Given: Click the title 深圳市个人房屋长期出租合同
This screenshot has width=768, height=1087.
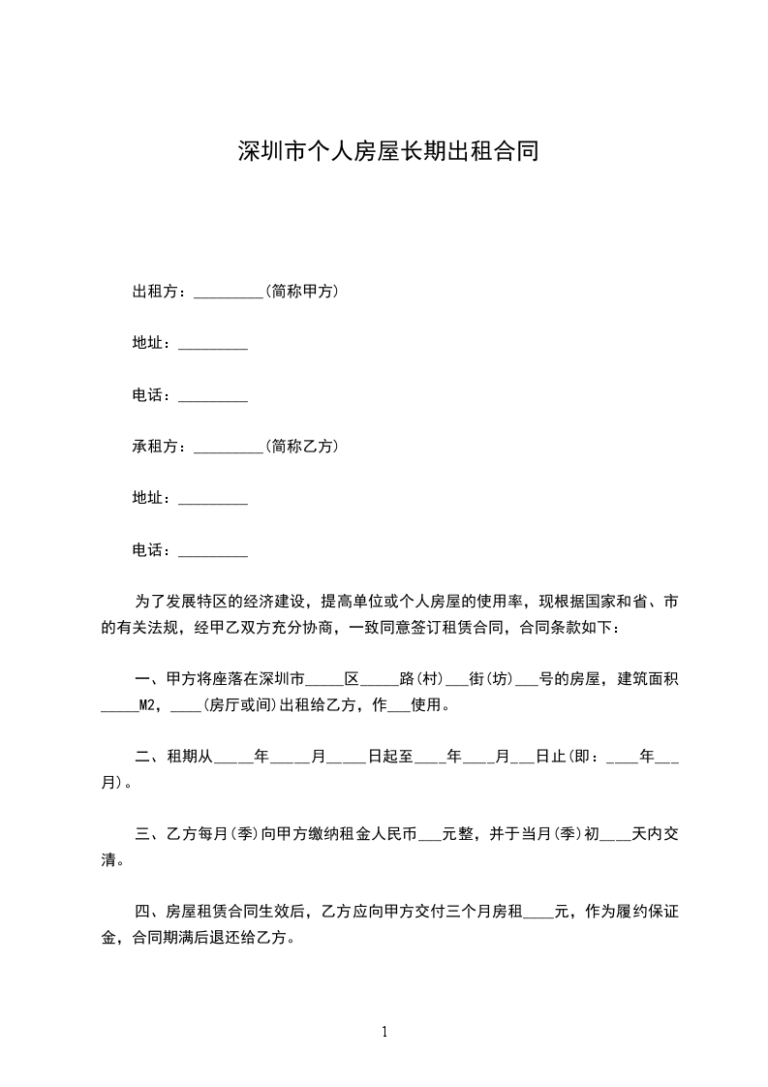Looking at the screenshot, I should coord(387,151).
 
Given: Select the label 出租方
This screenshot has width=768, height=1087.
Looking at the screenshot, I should coord(156,291).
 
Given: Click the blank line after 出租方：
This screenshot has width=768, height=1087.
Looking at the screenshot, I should coord(229,294).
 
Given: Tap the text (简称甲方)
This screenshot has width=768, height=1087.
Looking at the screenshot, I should coord(301,291).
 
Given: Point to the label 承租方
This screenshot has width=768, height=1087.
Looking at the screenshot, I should coord(156,447).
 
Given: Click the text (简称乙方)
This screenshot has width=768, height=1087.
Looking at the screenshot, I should coord(301,447).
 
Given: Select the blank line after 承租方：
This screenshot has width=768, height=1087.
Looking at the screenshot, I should coord(229,450).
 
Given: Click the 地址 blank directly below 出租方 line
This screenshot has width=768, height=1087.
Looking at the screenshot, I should coord(213,346).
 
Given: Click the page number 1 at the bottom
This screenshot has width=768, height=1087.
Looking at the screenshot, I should coord(384,1032).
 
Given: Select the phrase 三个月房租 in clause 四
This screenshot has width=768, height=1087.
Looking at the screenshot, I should coord(481,912).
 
